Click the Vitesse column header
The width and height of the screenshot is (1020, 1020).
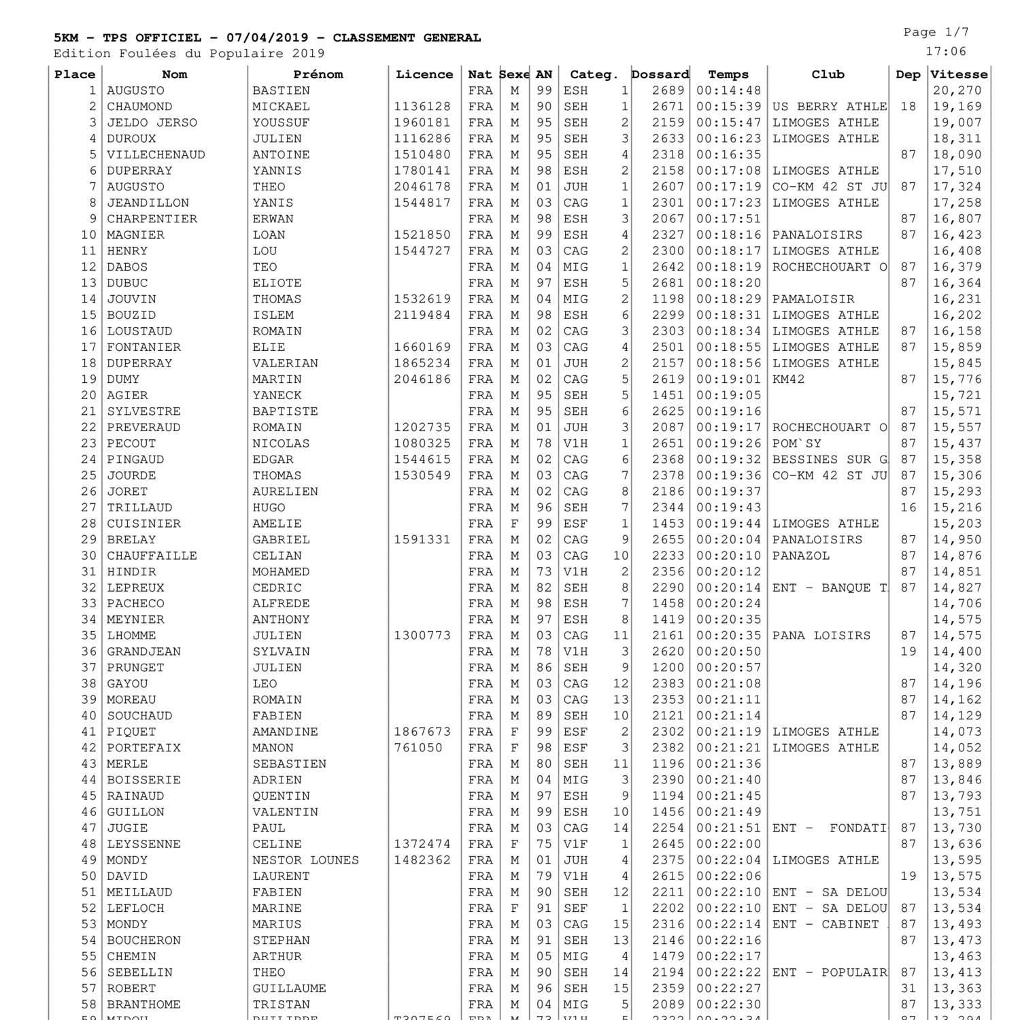click(959, 75)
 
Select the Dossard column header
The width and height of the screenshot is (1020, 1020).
click(660, 75)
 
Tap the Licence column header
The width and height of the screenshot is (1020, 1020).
click(424, 75)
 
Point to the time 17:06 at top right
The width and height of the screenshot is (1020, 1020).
click(945, 52)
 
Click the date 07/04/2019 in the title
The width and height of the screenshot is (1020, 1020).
click(267, 38)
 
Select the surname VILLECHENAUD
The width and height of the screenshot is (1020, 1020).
click(156, 155)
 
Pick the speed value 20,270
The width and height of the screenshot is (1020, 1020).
click(957, 91)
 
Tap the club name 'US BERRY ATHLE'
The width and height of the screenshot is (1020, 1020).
click(830, 107)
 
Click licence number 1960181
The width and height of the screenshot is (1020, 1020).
click(422, 123)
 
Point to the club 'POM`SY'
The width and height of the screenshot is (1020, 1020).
click(796, 443)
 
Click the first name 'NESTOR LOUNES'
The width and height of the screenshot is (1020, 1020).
click(305, 860)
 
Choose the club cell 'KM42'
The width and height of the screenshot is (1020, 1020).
click(788, 379)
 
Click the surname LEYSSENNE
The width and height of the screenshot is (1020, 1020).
click(143, 844)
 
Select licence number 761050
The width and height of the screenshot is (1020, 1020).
click(418, 748)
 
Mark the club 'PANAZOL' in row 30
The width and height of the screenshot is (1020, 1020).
click(801, 556)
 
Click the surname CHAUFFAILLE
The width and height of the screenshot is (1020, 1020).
click(152, 556)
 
